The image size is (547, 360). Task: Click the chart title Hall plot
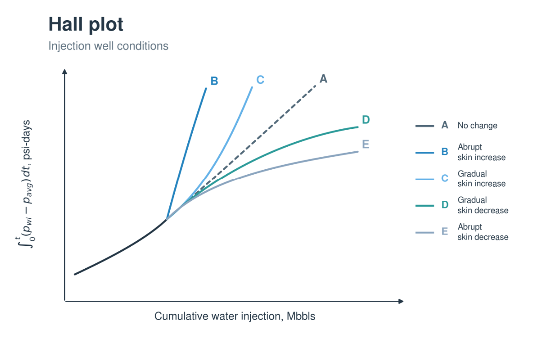point(86,24)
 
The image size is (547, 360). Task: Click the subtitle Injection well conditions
point(108,46)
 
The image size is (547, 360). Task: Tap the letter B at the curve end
point(214,81)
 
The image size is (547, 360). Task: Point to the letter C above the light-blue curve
point(260,80)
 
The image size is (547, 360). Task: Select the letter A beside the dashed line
point(324,79)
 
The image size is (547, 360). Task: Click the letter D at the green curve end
point(366,120)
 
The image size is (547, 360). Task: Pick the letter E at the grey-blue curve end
point(366,144)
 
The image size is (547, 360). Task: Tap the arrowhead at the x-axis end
point(401,301)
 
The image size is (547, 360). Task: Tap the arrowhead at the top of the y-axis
point(65,72)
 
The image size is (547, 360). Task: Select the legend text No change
point(477,126)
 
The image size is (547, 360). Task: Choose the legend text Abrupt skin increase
point(481,152)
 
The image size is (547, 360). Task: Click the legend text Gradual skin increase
point(481,178)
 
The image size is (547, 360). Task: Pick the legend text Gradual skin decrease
point(483,205)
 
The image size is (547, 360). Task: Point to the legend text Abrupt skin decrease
point(483,232)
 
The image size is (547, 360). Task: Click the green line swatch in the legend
point(424,205)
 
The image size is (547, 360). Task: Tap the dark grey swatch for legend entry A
point(424,126)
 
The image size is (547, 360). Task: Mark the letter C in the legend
point(445,178)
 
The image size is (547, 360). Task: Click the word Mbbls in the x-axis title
point(301,316)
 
